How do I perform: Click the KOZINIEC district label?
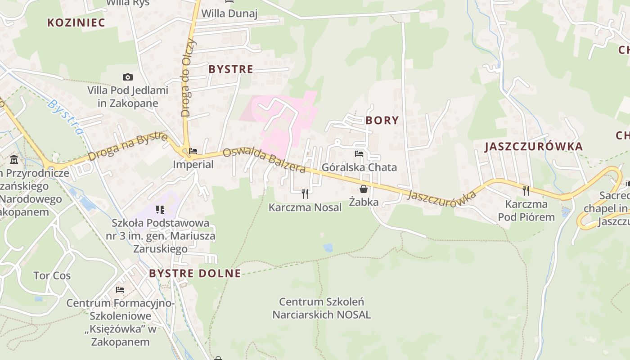pyautogui.click(x=76, y=23)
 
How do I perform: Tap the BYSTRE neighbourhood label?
pyautogui.click(x=231, y=69)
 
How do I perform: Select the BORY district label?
pyautogui.click(x=382, y=120)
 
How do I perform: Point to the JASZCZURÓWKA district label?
pyautogui.click(x=533, y=147)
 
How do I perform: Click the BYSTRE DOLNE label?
pyautogui.click(x=195, y=273)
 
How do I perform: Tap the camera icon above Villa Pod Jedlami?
pyautogui.click(x=128, y=77)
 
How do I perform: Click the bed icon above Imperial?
pyautogui.click(x=193, y=152)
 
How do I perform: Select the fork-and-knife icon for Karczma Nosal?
pyautogui.click(x=305, y=194)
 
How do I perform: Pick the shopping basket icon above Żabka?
pyautogui.click(x=364, y=189)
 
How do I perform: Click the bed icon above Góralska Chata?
pyautogui.click(x=359, y=154)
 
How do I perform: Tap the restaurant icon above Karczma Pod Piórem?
pyautogui.click(x=526, y=191)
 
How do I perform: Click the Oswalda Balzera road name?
pyautogui.click(x=264, y=160)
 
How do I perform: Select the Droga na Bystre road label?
pyautogui.click(x=128, y=147)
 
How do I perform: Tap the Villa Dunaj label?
pyautogui.click(x=229, y=13)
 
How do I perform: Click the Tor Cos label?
pyautogui.click(x=52, y=275)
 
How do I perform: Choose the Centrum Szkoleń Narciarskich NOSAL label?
pyautogui.click(x=321, y=308)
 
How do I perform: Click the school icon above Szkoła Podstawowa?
pyautogui.click(x=160, y=209)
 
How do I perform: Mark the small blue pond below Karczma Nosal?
pyautogui.click(x=328, y=247)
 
